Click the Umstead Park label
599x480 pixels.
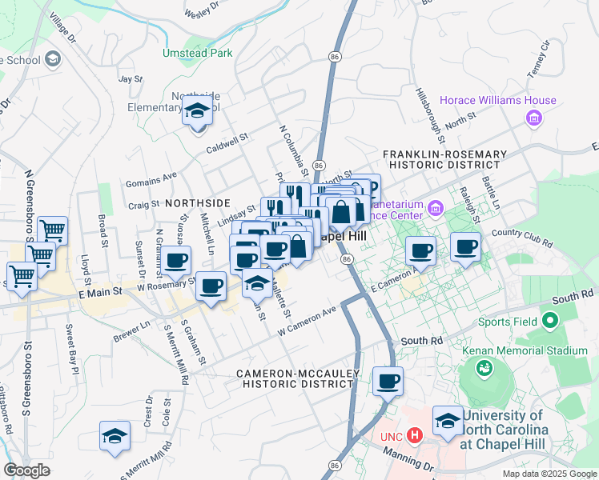coord(197,53)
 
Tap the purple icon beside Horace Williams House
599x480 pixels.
coord(534,119)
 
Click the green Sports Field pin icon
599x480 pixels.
coord(550,322)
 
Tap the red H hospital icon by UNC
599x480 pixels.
coord(415,436)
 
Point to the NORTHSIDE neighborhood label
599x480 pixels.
coord(198,203)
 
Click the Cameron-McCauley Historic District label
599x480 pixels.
coord(295,378)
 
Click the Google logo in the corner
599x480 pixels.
coord(26,470)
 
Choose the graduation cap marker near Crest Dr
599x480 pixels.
coord(115,436)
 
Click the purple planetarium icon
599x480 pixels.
coord(436,210)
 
